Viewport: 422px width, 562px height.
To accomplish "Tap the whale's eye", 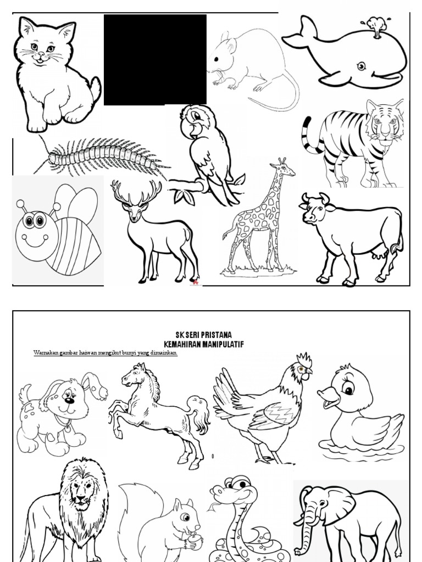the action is (x=361, y=66).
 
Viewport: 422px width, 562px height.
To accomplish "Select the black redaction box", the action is (x=155, y=60).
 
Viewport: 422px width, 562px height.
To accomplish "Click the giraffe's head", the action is (x=283, y=168).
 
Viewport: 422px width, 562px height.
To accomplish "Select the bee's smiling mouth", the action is (x=35, y=241).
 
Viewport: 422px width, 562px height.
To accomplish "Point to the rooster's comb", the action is (x=304, y=360).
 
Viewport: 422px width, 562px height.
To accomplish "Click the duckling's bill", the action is (x=329, y=398).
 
